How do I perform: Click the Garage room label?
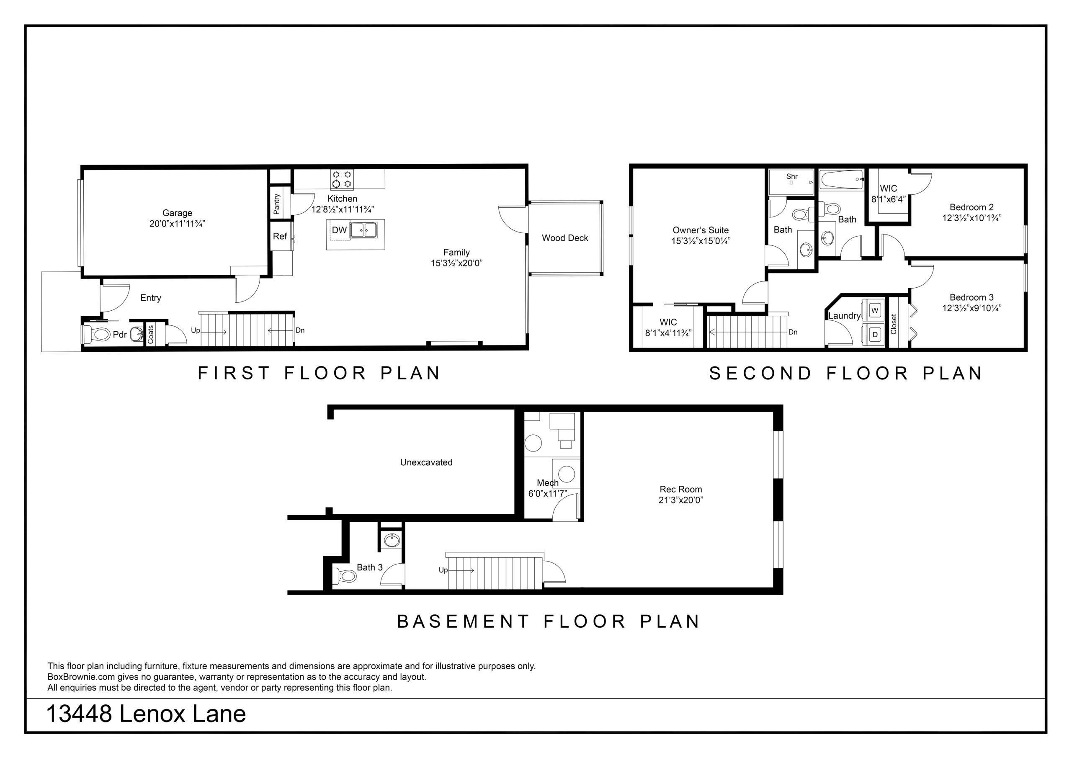pyautogui.click(x=177, y=213)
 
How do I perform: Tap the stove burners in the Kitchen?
pyautogui.click(x=342, y=179)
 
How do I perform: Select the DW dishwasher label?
pyautogui.click(x=340, y=230)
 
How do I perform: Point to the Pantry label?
pyautogui.click(x=276, y=204)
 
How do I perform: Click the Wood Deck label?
pyautogui.click(x=565, y=238)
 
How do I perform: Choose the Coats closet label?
pyautogui.click(x=150, y=334)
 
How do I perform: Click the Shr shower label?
pyautogui.click(x=792, y=177)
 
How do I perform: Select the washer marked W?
pyautogui.click(x=874, y=310)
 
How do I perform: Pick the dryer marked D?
pyautogui.click(x=874, y=334)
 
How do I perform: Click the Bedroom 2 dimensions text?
pyautogui.click(x=971, y=218)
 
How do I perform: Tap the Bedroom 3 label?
pyautogui.click(x=971, y=297)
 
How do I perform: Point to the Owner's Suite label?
pyautogui.click(x=700, y=230)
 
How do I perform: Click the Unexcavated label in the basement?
pyautogui.click(x=426, y=462)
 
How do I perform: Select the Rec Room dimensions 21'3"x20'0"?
pyautogui.click(x=681, y=500)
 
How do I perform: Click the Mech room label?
pyautogui.click(x=548, y=483)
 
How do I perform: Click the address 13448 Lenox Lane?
pyautogui.click(x=146, y=714)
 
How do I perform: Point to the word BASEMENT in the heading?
pyautogui.click(x=463, y=621)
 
